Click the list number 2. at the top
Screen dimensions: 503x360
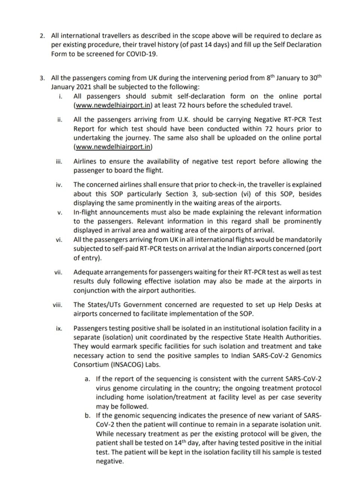tap(42, 36)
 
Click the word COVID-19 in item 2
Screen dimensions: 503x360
tap(142, 54)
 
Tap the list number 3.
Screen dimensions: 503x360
tap(42, 78)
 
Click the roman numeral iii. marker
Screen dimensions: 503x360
tap(59, 162)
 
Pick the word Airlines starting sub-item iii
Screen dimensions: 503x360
tap(85, 162)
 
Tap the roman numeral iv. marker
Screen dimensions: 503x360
tap(59, 185)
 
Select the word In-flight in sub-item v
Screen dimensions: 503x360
tap(86, 213)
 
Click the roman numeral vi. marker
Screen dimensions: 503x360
tap(59, 240)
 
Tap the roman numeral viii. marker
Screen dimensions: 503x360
tap(57, 305)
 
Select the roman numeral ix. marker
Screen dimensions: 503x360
tap(59, 329)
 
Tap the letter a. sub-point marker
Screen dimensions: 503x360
tap(87, 379)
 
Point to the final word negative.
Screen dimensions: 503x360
tap(110, 461)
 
